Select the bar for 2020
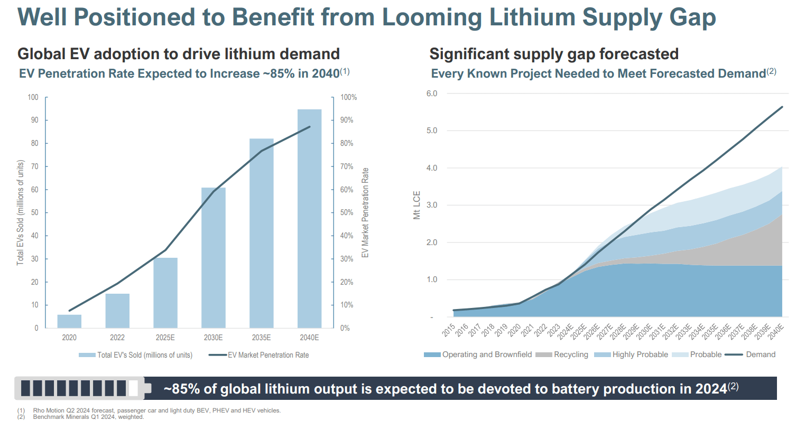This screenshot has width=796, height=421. (69, 321)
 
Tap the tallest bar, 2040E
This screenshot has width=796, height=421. (309, 219)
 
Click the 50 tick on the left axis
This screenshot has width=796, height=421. (35, 213)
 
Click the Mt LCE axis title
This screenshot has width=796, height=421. (417, 206)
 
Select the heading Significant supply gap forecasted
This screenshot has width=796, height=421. (554, 54)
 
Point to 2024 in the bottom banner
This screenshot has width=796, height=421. (710, 389)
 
